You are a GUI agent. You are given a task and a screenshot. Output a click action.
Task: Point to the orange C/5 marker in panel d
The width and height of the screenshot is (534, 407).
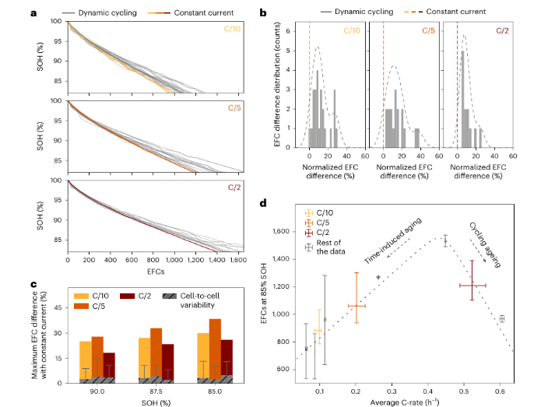[356, 305]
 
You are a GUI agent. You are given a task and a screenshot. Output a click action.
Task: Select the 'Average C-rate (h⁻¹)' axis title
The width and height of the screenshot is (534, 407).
[402, 398]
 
